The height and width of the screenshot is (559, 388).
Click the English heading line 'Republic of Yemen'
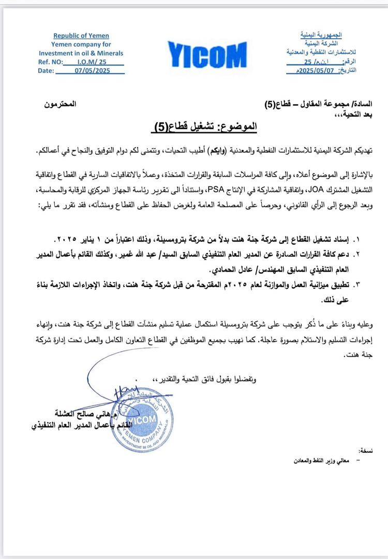click(x=81, y=36)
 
